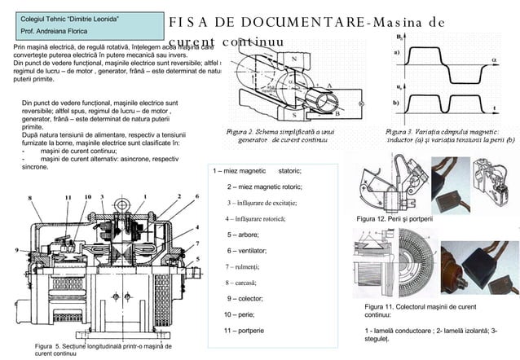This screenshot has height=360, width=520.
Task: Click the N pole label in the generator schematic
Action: click(293, 59)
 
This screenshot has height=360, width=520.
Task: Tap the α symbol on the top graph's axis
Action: click(494, 59)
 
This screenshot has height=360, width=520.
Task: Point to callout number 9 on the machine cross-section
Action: click(17, 249)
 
